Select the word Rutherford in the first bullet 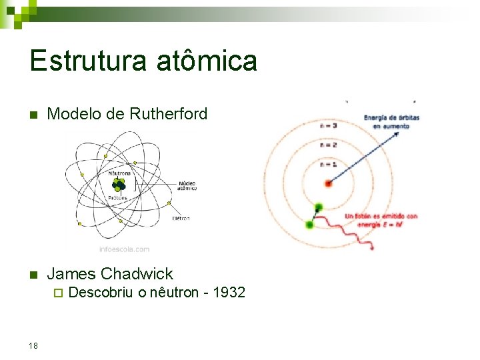(x=171, y=114)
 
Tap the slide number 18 (x=34, y=345)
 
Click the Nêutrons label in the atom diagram (x=119, y=171)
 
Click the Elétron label (x=181, y=218)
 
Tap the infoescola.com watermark (x=124, y=249)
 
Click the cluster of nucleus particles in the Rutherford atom (x=119, y=185)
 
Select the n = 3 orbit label (x=329, y=125)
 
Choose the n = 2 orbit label (x=329, y=144)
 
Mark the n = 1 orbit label (x=329, y=164)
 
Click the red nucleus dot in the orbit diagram (x=328, y=183)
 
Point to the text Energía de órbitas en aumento (x=391, y=121)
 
